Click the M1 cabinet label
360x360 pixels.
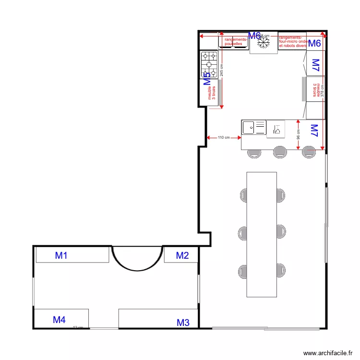click(x=61, y=256)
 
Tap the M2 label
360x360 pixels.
click(x=182, y=256)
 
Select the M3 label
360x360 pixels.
click(x=183, y=323)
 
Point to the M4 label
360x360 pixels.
click(x=59, y=320)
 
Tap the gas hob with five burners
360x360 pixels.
click(x=209, y=64)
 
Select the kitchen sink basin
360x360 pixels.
click(x=249, y=128)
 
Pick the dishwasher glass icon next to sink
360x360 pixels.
click(x=277, y=128)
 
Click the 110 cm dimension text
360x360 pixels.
click(x=223, y=138)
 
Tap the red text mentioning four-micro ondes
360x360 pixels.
click(x=292, y=41)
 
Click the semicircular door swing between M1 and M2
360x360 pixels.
click(x=138, y=257)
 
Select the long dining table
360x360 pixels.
click(x=262, y=234)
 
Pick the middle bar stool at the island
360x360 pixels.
click(x=280, y=153)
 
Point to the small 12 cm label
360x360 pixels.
click(x=78, y=327)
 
